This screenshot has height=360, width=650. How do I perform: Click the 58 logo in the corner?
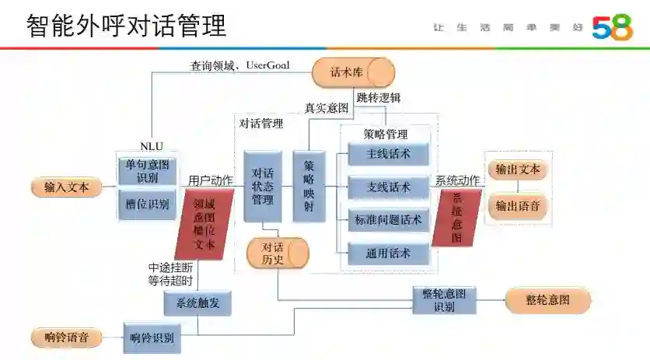point(612,26)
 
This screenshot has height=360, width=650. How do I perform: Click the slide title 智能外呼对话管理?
point(126,26)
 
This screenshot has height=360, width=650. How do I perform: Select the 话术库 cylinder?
point(353,72)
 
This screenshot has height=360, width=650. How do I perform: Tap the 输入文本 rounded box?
point(66,187)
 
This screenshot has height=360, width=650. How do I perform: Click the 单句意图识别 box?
point(147,171)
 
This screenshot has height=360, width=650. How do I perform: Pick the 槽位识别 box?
point(147,204)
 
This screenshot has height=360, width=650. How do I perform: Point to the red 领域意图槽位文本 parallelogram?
point(204,224)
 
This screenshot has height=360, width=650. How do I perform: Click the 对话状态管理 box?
point(262,187)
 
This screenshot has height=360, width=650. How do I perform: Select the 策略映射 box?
point(309,187)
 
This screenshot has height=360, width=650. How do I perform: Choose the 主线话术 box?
point(388,154)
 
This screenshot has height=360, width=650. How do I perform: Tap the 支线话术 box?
point(388,187)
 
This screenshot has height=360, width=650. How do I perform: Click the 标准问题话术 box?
point(388,220)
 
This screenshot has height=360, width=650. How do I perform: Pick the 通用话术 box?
point(388,253)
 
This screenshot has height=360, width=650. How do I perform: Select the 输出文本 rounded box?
point(518,170)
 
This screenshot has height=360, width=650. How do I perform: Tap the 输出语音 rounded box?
point(518,206)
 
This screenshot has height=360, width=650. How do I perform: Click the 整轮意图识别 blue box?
point(444,300)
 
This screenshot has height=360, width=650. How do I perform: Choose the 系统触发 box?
point(197,303)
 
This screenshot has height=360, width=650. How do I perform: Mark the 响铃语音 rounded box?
point(66,337)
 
